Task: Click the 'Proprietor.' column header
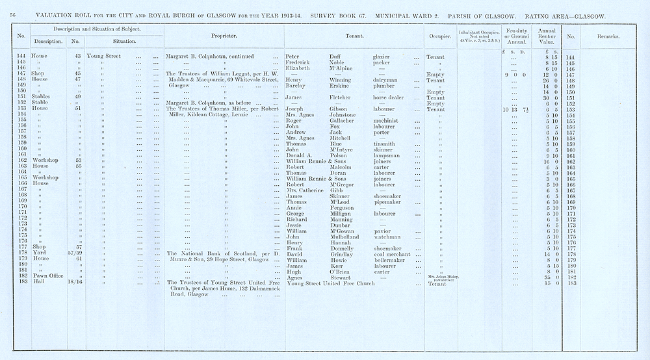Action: click(x=224, y=36)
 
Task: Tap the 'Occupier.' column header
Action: click(x=438, y=36)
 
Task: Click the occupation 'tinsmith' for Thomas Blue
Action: click(x=384, y=143)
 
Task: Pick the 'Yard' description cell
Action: click(x=23, y=254)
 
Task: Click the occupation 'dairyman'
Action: click(x=385, y=80)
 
